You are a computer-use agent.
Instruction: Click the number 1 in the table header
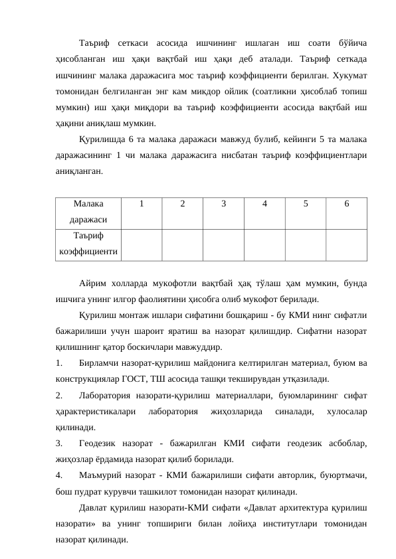[x=141, y=205]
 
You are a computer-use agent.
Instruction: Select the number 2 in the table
[x=182, y=205]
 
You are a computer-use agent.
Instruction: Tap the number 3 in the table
[x=223, y=205]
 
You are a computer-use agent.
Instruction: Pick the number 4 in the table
[x=264, y=205]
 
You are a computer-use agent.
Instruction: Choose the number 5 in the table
[x=306, y=205]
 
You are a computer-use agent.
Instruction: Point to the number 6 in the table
[x=346, y=205]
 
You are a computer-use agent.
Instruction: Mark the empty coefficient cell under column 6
[x=346, y=244]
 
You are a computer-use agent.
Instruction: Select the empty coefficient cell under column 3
[x=223, y=244]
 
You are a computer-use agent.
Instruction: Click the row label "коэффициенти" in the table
[x=89, y=252]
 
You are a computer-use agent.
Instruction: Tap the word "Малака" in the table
[x=89, y=205]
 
